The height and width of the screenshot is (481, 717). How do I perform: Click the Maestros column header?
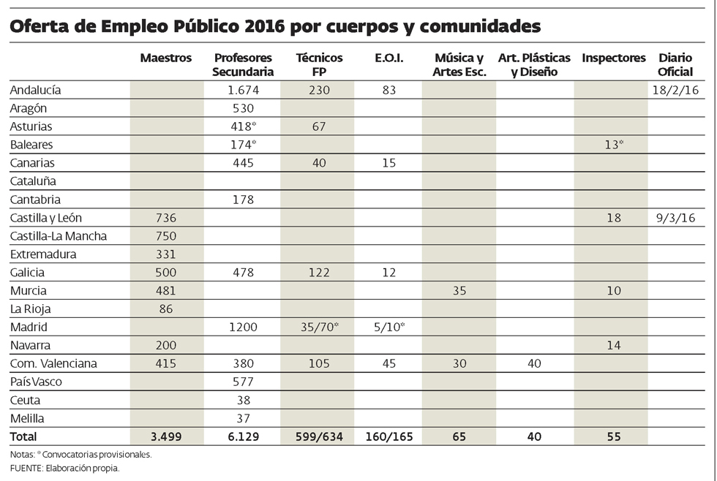[x=166, y=58]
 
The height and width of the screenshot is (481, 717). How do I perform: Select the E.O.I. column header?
[x=388, y=58]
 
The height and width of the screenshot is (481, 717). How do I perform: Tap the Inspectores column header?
[x=613, y=58]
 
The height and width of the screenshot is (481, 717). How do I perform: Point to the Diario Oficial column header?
[x=675, y=64]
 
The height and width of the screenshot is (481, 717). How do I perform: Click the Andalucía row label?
[x=35, y=90]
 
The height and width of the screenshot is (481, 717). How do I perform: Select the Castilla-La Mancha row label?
[x=59, y=236]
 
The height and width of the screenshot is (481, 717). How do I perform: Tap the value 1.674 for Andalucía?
[x=244, y=90]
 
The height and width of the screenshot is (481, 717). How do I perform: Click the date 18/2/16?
[x=675, y=90]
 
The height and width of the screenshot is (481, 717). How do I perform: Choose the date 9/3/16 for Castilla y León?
[x=675, y=218]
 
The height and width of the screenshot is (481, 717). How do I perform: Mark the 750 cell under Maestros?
[x=167, y=236]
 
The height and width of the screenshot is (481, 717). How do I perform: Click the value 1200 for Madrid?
[x=244, y=327]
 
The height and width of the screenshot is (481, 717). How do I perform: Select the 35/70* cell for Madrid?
[x=317, y=327]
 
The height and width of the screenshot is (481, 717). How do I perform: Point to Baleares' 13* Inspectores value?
[x=613, y=145]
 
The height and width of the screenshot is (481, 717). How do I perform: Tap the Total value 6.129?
[x=244, y=436]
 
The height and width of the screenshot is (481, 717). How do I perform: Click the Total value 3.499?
[x=167, y=436]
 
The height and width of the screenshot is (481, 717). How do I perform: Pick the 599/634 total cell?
[x=316, y=436]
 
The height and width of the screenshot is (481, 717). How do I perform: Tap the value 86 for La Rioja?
[x=167, y=308]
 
